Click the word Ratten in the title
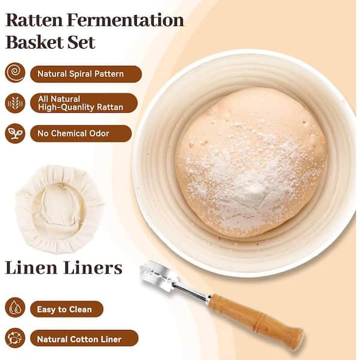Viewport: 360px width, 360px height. click(34, 20)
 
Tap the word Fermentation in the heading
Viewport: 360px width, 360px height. click(125, 20)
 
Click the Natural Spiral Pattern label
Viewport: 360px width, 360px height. click(86, 74)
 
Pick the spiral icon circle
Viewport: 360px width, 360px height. click(15, 73)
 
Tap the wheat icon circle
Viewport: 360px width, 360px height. click(15, 103)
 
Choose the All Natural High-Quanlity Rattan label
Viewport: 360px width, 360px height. click(84, 103)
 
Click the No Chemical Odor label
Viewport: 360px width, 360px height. click(81, 133)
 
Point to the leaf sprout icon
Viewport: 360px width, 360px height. click(15, 133)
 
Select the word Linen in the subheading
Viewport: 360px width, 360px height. click(31, 268)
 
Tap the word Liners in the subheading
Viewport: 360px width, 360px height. click(93, 268)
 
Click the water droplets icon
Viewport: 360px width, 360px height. click(15, 307)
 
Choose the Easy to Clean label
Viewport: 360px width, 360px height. click(67, 309)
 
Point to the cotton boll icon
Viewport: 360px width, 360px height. click(15, 338)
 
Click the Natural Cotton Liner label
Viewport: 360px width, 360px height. click(84, 338)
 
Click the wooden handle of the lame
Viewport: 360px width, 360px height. click(256, 319)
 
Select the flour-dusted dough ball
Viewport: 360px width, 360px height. click(251, 162)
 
